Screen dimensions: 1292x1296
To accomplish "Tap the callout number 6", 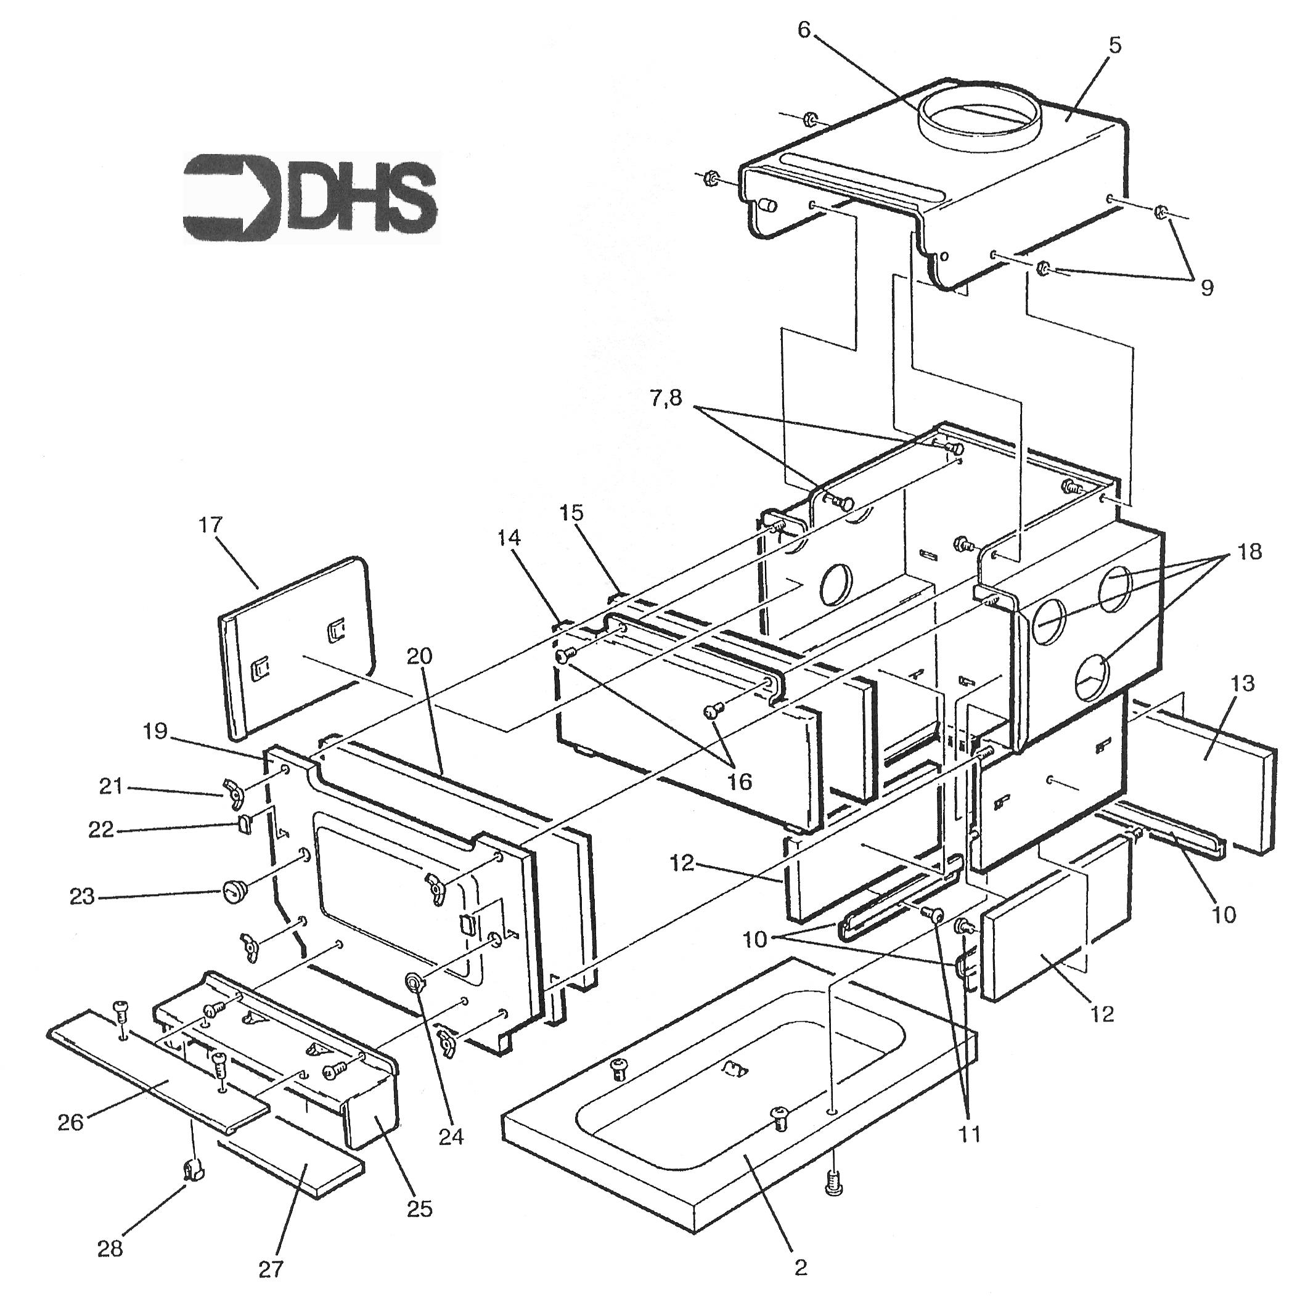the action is coord(804,29).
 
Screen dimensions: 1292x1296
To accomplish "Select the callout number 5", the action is coord(1114,46).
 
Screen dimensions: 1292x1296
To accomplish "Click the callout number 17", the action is coord(211,524).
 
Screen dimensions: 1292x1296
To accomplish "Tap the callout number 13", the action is coord(1242,683).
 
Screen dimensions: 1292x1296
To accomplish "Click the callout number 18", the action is coord(1248,552).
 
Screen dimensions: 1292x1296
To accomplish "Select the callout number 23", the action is coord(83,896).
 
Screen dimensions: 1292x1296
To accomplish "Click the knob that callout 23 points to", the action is coord(233,892).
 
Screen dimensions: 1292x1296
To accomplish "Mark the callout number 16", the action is coord(739,781).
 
